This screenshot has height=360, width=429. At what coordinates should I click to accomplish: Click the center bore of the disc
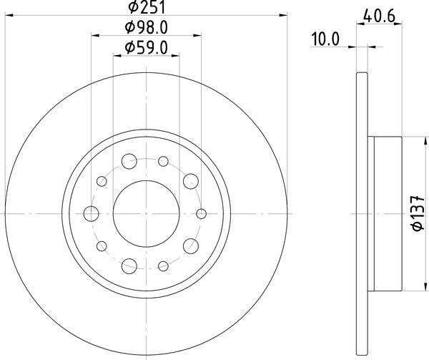coord(146,213)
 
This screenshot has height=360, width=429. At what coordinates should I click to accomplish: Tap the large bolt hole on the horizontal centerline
coord(92,213)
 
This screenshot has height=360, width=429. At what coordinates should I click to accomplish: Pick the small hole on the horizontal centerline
coord(202,213)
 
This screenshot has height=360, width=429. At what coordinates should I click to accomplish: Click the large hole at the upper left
coord(129,160)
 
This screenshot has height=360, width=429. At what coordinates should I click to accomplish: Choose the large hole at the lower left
coord(129,265)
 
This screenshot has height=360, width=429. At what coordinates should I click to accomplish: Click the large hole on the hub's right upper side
coord(190,180)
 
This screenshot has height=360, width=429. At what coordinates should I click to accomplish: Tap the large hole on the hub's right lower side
coord(190,245)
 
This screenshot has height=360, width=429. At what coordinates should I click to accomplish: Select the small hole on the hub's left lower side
coord(101,245)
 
